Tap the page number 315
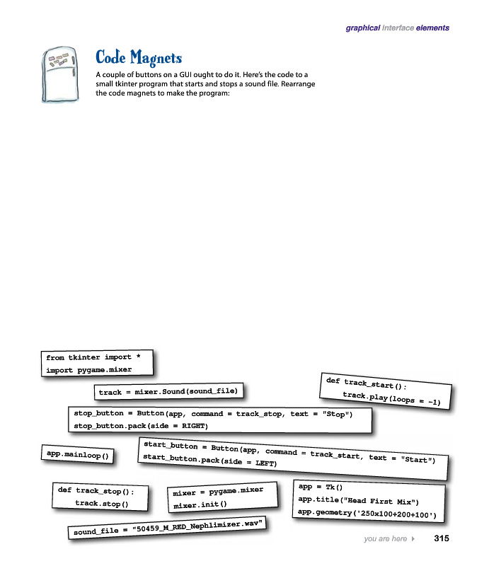(442, 539)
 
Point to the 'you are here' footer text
(385, 539)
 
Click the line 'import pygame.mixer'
(88, 370)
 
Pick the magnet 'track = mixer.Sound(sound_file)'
(169, 391)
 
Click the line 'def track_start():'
(366, 384)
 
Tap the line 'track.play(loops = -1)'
(391, 398)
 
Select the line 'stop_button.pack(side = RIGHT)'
(141, 426)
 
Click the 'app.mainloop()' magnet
(78, 456)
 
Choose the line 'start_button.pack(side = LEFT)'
(209, 460)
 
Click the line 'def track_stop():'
(96, 490)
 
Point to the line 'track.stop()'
(101, 504)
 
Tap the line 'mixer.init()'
(200, 504)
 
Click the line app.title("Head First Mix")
(359, 500)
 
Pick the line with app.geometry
(367, 513)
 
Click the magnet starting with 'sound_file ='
(169, 528)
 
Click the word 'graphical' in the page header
(362, 28)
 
